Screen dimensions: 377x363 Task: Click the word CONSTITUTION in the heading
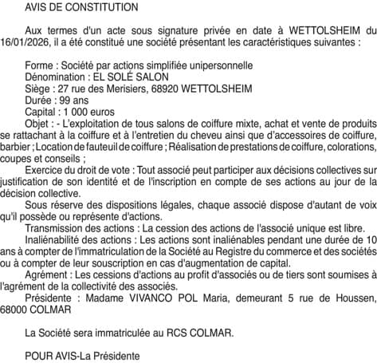coord(104,7)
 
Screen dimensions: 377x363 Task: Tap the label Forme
coord(40,65)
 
